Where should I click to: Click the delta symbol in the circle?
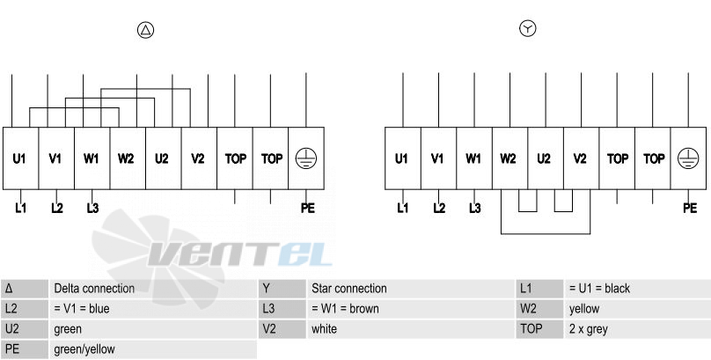tap(145, 30)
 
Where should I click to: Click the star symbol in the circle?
tap(527, 28)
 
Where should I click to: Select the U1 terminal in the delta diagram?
tap(20, 158)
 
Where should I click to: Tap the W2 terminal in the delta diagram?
tap(128, 158)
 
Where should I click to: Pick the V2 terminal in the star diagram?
tap(581, 158)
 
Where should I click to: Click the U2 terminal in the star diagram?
tap(546, 158)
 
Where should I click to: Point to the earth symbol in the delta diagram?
tap(306, 158)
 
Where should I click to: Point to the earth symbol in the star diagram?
tap(688, 158)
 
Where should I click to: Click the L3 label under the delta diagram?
tap(92, 208)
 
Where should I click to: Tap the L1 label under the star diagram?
tap(403, 208)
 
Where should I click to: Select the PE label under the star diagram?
tap(690, 208)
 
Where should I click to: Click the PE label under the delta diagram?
tap(307, 208)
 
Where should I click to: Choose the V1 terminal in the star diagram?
tap(438, 158)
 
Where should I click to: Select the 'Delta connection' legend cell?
tap(152, 289)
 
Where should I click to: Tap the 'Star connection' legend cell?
tap(410, 289)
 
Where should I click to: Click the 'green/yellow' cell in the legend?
tap(152, 349)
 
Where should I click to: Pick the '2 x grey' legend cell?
tap(637, 328)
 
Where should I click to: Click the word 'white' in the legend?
tap(324, 328)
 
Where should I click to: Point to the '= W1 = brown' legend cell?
tap(410, 309)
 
